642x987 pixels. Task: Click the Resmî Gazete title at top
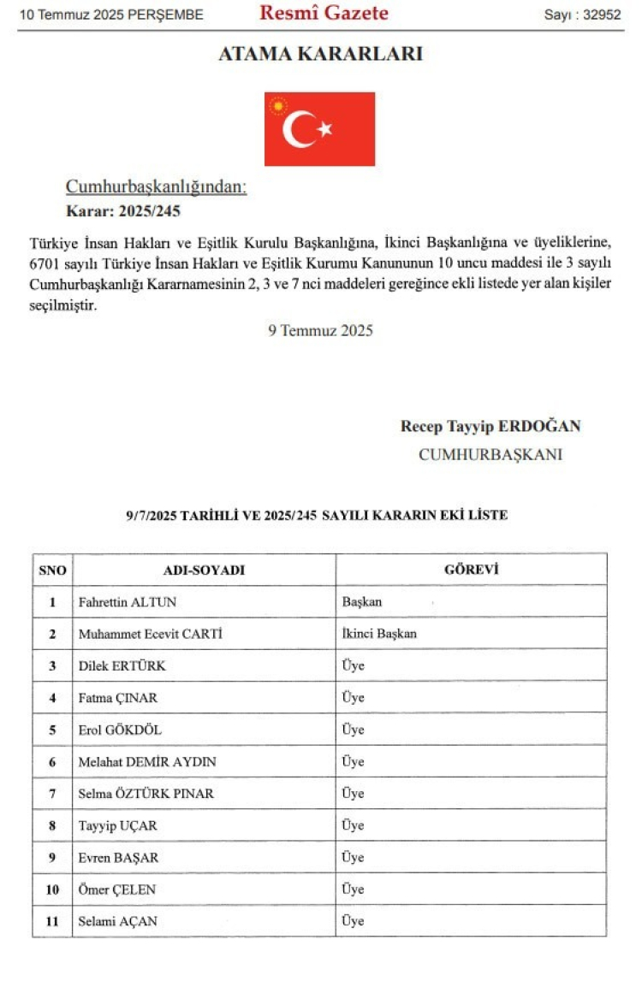click(x=324, y=13)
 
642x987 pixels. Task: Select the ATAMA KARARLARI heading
click(x=320, y=54)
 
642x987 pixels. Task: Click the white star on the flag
click(x=324, y=129)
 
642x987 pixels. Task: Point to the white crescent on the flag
click(x=299, y=129)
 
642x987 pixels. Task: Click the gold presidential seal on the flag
click(x=277, y=106)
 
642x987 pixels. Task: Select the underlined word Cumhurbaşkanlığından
click(x=157, y=186)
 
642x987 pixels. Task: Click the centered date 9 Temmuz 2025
click(x=320, y=330)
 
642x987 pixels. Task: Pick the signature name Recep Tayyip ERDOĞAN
click(x=490, y=426)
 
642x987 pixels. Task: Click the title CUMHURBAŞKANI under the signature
click(x=490, y=454)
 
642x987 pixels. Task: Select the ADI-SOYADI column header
click(x=204, y=570)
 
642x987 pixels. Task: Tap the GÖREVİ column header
click(x=471, y=570)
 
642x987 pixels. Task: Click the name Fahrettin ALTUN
click(x=128, y=602)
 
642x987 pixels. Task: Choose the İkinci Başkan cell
click(x=379, y=634)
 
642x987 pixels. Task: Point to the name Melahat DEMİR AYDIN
click(x=147, y=761)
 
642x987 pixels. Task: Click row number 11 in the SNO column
click(x=52, y=921)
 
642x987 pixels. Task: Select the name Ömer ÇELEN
click(x=117, y=889)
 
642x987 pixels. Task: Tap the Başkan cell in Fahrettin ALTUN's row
click(x=362, y=602)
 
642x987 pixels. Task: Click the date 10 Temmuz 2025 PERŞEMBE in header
click(x=112, y=15)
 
